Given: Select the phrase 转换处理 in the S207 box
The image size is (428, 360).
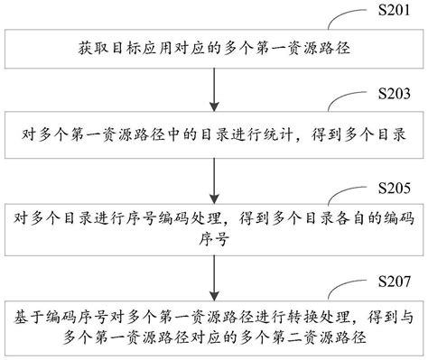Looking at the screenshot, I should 312,318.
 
